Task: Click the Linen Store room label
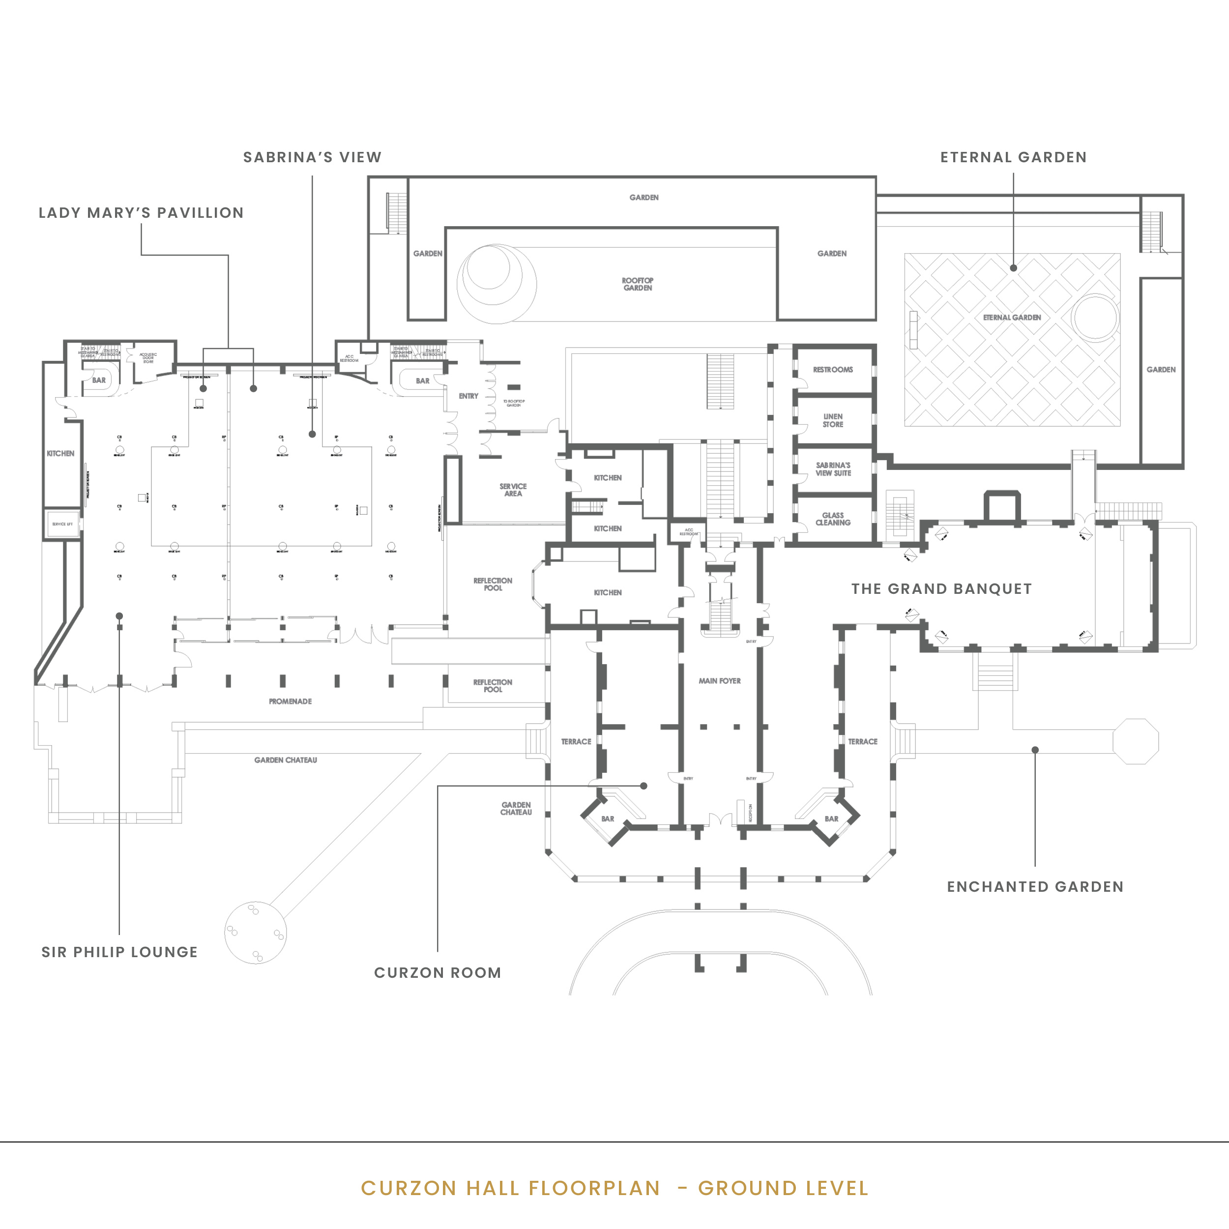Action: point(833,420)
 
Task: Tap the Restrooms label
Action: point(833,370)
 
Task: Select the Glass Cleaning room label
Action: point(833,519)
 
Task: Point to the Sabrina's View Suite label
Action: point(833,469)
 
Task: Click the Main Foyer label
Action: point(720,681)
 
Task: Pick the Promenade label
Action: point(290,701)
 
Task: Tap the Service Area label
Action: point(513,490)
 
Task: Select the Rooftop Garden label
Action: point(638,284)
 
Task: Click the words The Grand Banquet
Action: point(941,589)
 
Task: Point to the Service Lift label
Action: point(62,524)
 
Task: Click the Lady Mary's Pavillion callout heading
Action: point(141,213)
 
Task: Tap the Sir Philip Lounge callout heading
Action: point(119,952)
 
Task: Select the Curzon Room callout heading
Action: point(438,973)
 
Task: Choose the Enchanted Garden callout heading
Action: point(1035,887)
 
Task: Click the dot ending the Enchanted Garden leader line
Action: point(1035,750)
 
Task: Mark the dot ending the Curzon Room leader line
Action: point(644,786)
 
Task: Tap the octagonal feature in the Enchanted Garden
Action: point(1136,741)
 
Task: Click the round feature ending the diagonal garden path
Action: point(256,933)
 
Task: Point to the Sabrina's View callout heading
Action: point(312,157)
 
